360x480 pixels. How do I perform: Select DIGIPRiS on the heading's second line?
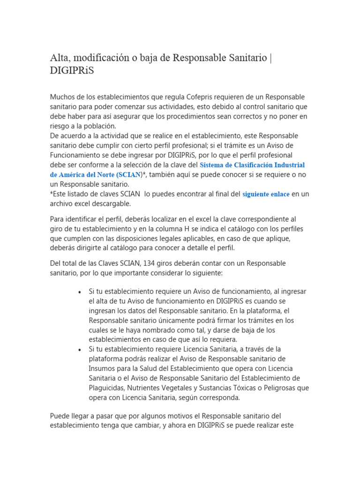pos(74,71)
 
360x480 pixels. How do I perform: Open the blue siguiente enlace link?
pos(266,194)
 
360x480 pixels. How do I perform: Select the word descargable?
pos(111,204)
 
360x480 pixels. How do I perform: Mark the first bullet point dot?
pos(80,292)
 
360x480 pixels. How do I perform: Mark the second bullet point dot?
pos(80,350)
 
